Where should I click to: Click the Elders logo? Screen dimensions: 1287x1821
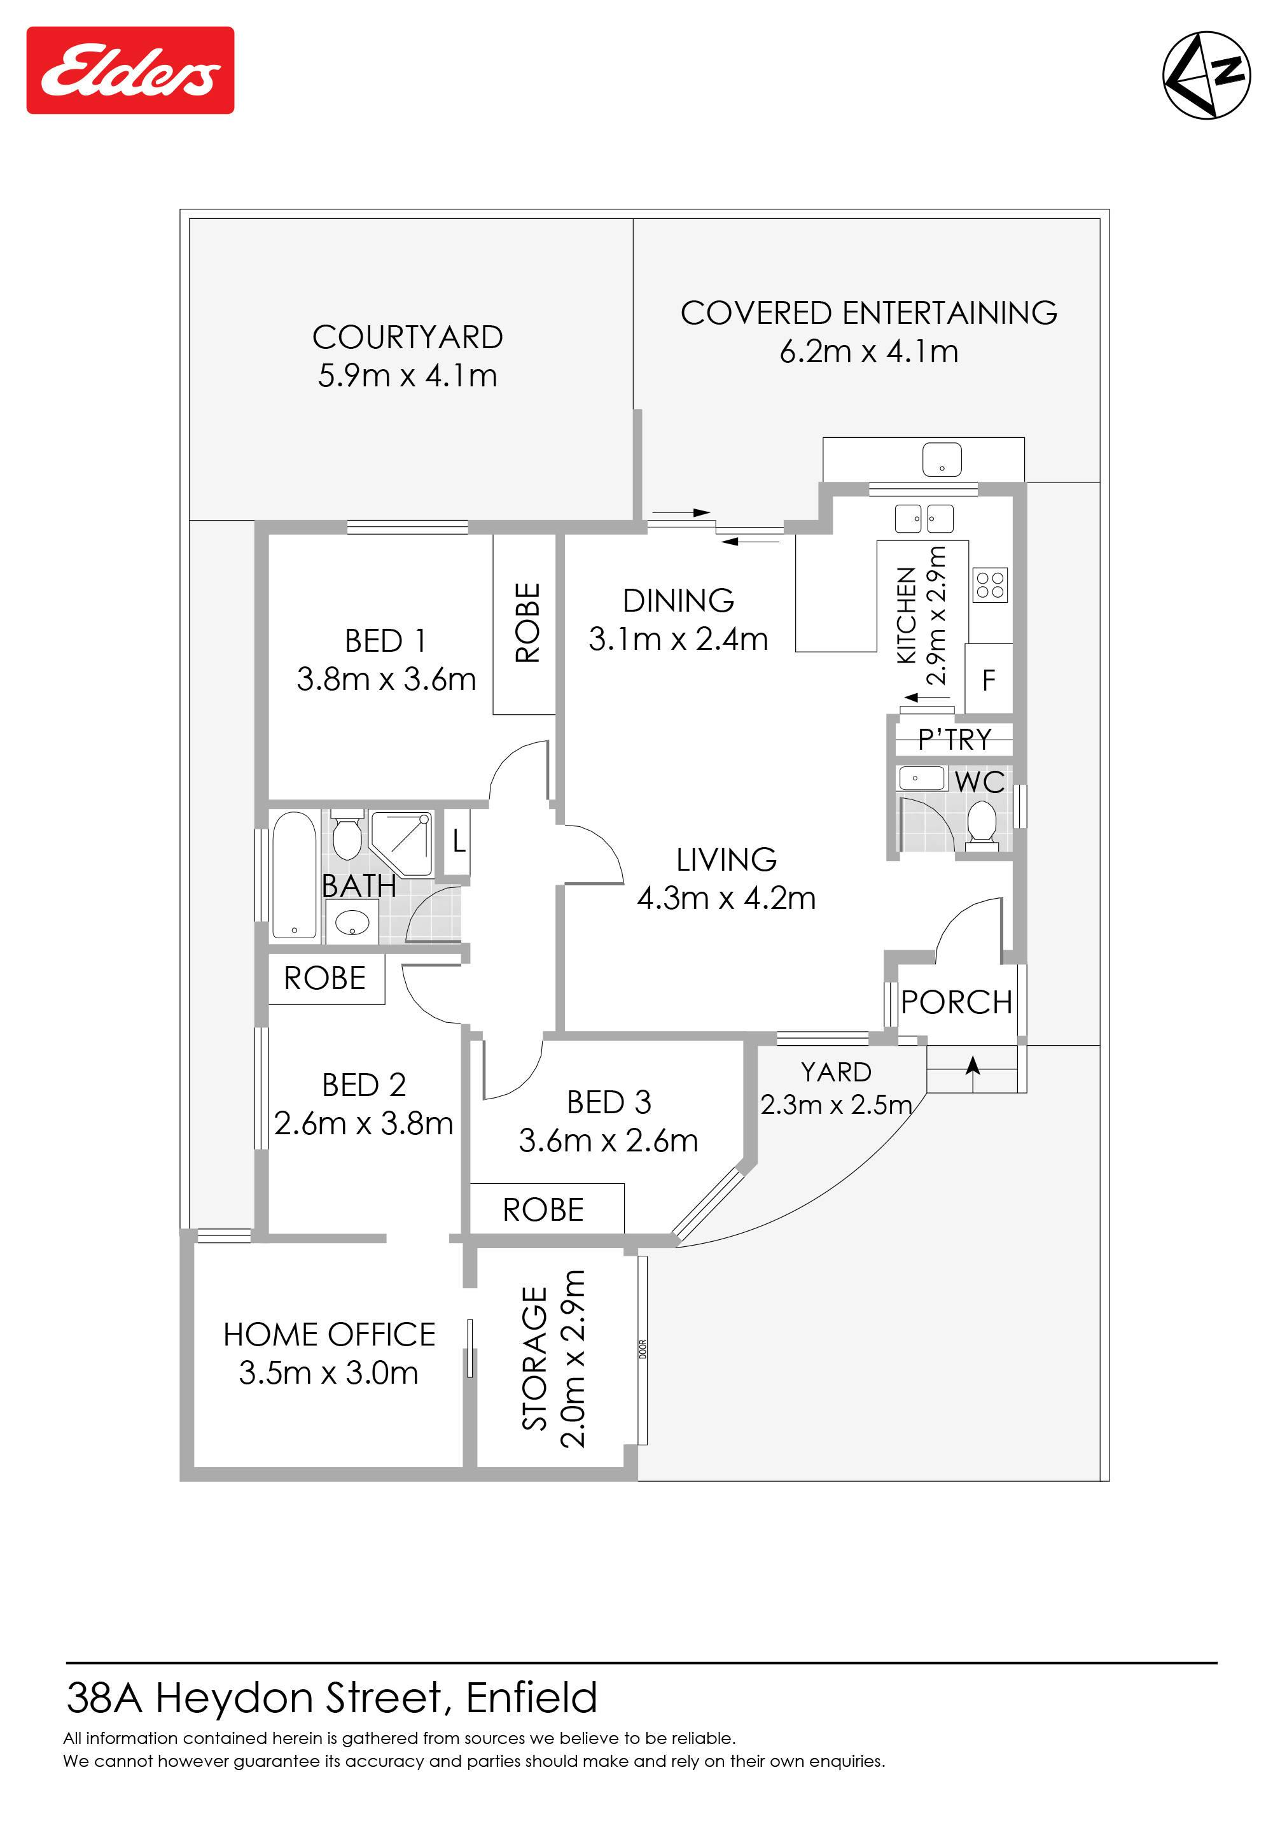coord(130,71)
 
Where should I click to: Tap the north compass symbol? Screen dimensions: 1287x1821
coord(1206,75)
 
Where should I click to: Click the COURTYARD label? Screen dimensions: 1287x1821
coord(408,337)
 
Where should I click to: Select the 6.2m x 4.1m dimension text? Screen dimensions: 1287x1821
coord(869,351)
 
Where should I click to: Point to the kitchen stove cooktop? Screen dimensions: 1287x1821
coord(990,586)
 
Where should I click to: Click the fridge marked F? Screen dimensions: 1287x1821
coord(989,679)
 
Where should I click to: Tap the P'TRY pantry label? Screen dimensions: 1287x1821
coord(955,739)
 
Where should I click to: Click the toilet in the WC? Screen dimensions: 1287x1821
coord(982,826)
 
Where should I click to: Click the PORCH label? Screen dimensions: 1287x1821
coord(956,1002)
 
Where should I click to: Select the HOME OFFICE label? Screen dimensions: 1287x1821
coord(329,1335)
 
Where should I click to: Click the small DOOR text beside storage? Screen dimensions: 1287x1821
coord(643,1349)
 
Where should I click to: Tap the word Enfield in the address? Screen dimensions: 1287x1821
coord(531,1698)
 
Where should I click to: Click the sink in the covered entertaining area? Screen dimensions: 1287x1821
coord(942,460)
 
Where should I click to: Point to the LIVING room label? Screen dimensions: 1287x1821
coord(727,860)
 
